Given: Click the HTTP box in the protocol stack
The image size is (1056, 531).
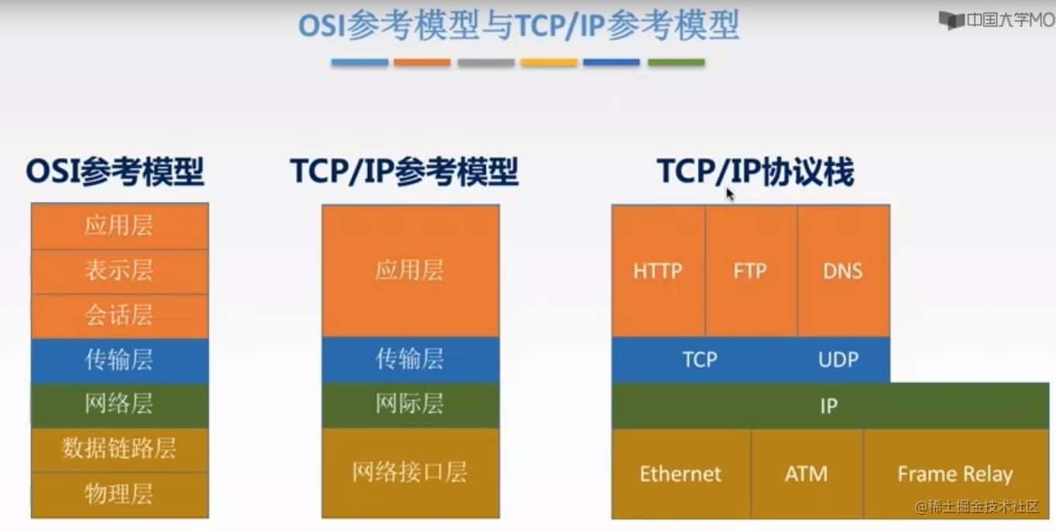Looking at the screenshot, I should point(658,271).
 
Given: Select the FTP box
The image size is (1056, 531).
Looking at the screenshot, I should point(750,271).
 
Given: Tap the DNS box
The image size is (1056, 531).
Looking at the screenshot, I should point(843,271).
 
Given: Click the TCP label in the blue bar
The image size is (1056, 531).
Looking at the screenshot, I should point(700,360).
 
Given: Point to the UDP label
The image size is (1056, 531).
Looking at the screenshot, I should point(838,360).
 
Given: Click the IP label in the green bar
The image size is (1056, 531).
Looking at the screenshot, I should point(828,406).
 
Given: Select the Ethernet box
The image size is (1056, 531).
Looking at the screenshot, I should point(680,474).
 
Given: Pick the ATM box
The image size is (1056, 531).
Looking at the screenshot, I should point(806,474).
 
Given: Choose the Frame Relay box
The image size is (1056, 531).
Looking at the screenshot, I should point(955,474).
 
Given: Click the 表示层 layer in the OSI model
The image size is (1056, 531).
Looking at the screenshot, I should point(119,271).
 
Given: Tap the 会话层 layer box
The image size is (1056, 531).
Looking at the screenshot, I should point(119,316).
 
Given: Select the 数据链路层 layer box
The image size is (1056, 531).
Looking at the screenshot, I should point(119,449).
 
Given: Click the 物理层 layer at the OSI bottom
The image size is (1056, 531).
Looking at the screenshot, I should point(119,494).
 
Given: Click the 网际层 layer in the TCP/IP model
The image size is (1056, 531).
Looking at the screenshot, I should point(410,405).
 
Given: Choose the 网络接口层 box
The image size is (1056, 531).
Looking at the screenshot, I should point(410,472).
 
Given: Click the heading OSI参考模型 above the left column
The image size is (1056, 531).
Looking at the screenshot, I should point(115,172).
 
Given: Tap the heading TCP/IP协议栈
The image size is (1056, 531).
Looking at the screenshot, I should point(755,172).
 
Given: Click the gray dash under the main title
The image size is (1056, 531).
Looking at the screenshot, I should point(486,63).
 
